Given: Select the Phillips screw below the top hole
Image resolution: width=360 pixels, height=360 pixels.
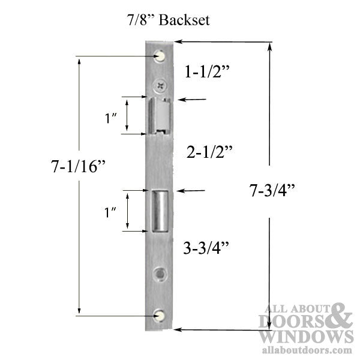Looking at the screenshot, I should tap(160, 86).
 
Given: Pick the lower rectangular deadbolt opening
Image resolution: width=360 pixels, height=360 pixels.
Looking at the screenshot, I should tap(160, 211).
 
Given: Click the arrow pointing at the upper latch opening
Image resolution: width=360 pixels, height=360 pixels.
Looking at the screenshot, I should tap(191, 101).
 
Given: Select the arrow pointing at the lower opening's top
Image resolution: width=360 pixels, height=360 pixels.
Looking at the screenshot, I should tap(191, 191).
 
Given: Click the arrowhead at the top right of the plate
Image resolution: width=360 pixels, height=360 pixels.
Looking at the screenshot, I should tap(181, 41).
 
